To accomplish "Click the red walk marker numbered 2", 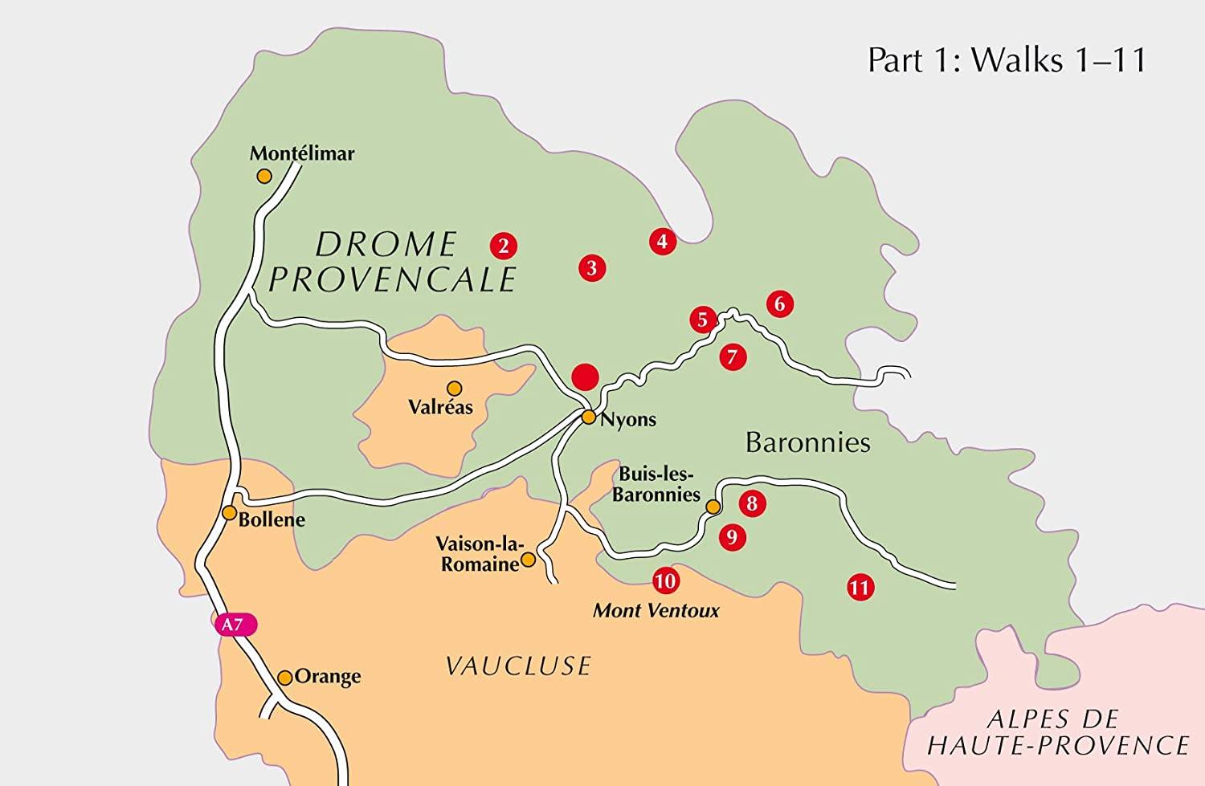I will [x=503, y=246].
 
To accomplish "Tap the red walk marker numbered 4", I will [x=662, y=241].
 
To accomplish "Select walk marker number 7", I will [x=732, y=356].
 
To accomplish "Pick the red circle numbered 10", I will [x=665, y=580].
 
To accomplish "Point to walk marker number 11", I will [x=860, y=588].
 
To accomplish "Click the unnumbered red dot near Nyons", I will [x=585, y=376].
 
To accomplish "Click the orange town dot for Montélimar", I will [x=263, y=176].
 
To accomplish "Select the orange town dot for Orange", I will [x=284, y=678].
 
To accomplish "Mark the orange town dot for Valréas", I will [x=455, y=388].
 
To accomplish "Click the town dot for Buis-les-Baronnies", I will [x=713, y=506].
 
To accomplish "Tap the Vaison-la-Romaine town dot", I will [x=529, y=560].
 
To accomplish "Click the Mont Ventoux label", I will [x=656, y=611].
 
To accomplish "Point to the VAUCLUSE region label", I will [x=518, y=666].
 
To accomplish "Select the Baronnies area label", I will [x=807, y=442].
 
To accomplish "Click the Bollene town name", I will [x=272, y=519].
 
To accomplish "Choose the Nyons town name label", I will [x=628, y=419].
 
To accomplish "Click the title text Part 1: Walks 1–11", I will [x=1007, y=61].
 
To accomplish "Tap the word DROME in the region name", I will [x=386, y=244].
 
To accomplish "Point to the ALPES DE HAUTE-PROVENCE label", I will [x=1057, y=731].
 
